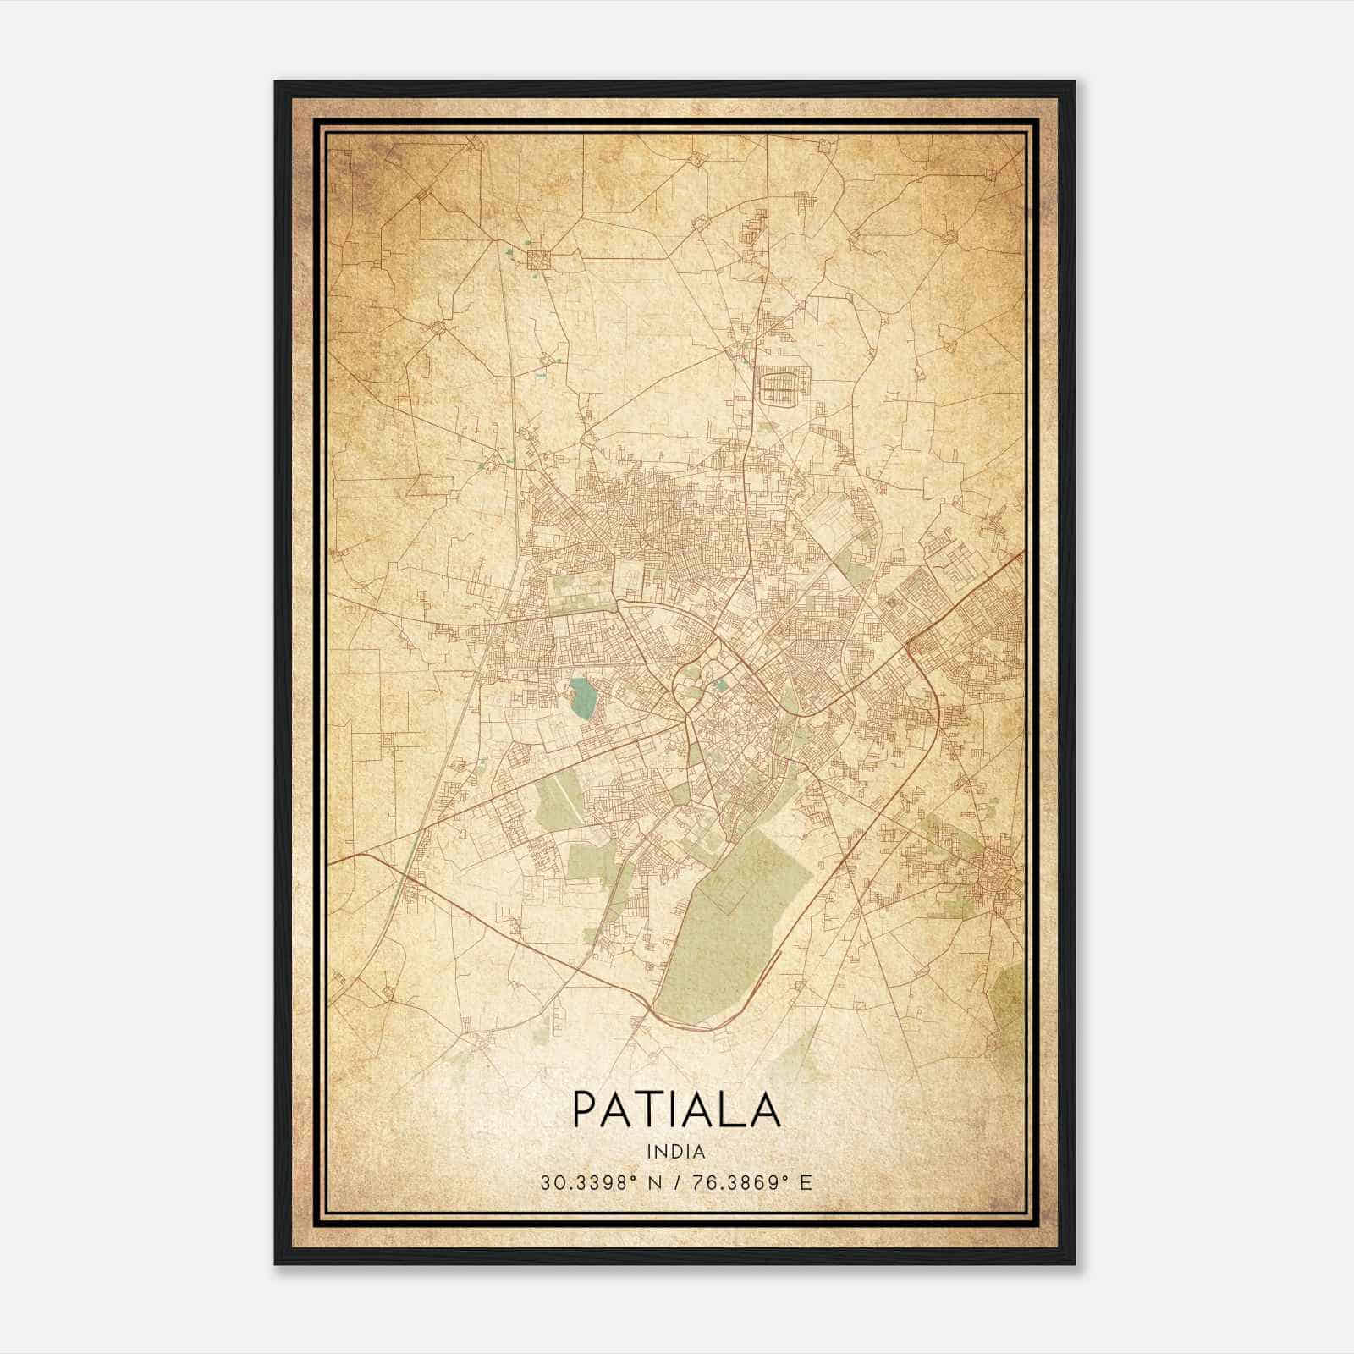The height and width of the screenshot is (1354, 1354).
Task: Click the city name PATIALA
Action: click(x=676, y=1109)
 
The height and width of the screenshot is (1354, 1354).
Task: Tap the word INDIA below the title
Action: click(x=676, y=1152)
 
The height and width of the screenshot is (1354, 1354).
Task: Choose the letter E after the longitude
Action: click(x=806, y=1183)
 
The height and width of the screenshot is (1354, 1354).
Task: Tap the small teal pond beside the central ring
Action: click(x=721, y=684)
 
